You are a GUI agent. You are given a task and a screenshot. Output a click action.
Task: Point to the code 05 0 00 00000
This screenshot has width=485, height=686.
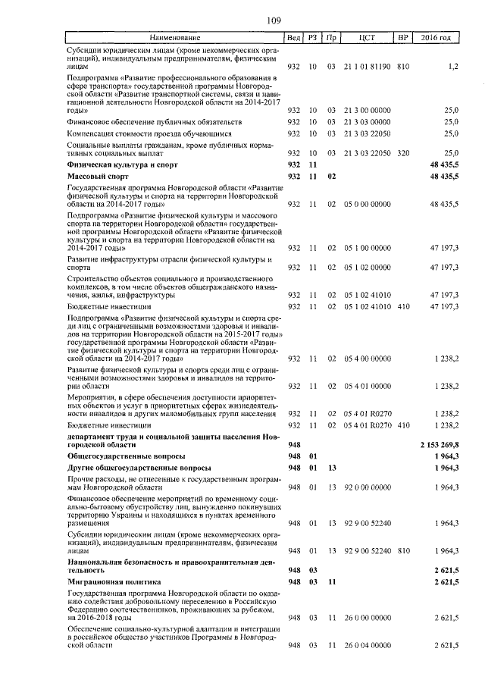point(367,204)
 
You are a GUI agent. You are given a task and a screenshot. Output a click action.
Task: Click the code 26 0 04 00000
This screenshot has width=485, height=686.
point(367,645)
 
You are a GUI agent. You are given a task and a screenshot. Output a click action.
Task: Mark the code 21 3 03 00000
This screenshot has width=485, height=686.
point(367,121)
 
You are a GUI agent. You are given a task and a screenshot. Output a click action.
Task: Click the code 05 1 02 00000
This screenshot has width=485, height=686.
point(367,267)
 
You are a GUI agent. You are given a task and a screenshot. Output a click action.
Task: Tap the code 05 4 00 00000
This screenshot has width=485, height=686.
point(367,358)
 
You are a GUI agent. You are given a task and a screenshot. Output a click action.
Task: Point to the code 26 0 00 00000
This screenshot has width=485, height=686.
point(367,619)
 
